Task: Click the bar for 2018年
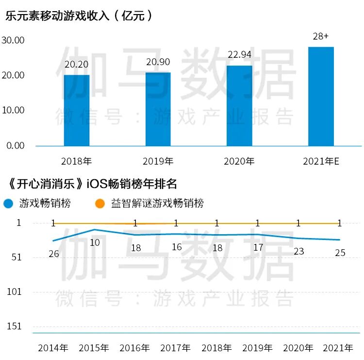coord(76,110)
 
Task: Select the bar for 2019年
coord(158,109)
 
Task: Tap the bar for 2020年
coord(239,105)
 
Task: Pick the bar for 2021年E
coord(321,96)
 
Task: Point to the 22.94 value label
coord(239,55)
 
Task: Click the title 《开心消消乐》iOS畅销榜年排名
coord(92,184)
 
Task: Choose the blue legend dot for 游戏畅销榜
coord(8,203)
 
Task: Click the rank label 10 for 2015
coord(95,242)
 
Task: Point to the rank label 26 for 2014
coord(54,254)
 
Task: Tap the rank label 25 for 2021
coord(340,253)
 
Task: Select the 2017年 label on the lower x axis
coord(176,348)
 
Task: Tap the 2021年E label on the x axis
coord(321,161)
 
